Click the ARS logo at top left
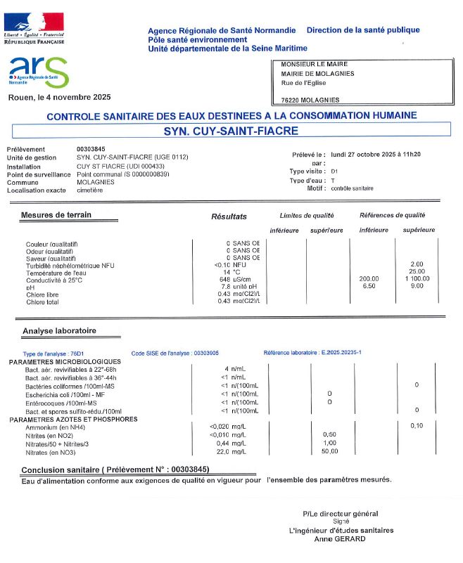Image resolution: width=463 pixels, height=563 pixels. pyautogui.click(x=39, y=71)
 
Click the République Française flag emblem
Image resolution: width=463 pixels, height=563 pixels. pyautogui.click(x=34, y=22)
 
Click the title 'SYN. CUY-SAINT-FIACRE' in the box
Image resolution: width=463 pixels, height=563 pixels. pyautogui.click(x=231, y=131)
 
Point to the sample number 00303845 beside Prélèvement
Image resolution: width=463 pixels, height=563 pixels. pyautogui.click(x=91, y=149)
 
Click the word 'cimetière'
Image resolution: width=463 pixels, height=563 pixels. pyautogui.click(x=89, y=190)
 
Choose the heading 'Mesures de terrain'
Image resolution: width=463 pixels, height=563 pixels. pyautogui.click(x=56, y=215)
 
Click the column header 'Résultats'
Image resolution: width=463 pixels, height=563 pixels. pyautogui.click(x=229, y=216)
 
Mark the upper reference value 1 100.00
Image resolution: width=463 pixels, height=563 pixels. pyautogui.click(x=417, y=279)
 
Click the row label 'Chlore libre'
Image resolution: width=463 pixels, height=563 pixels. pyautogui.click(x=42, y=295)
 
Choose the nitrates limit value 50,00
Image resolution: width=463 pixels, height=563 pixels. pyautogui.click(x=329, y=451)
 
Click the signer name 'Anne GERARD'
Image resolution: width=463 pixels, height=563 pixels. pyautogui.click(x=341, y=538)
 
